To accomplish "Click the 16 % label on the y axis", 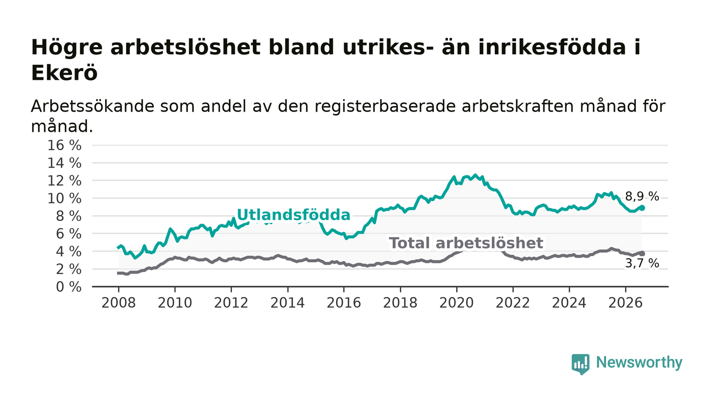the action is pos(64,145).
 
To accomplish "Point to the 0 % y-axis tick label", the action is pos(68,287).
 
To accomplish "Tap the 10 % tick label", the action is pos(64,198).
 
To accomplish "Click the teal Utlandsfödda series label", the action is pos(294,215).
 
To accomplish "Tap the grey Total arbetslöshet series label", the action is pos(466,243).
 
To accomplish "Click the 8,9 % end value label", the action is pos(642,196).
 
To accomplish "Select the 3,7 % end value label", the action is pos(642,263).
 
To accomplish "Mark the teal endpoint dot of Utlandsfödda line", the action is pos(642,208).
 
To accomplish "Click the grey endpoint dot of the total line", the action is pos(642,254).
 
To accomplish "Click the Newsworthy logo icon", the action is pos(581,364).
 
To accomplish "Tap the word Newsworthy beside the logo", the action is pos(639,363).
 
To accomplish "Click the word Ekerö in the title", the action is pos(64,73).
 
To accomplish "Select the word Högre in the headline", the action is pos(67,48).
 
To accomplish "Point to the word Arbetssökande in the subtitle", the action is pos(92,106).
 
